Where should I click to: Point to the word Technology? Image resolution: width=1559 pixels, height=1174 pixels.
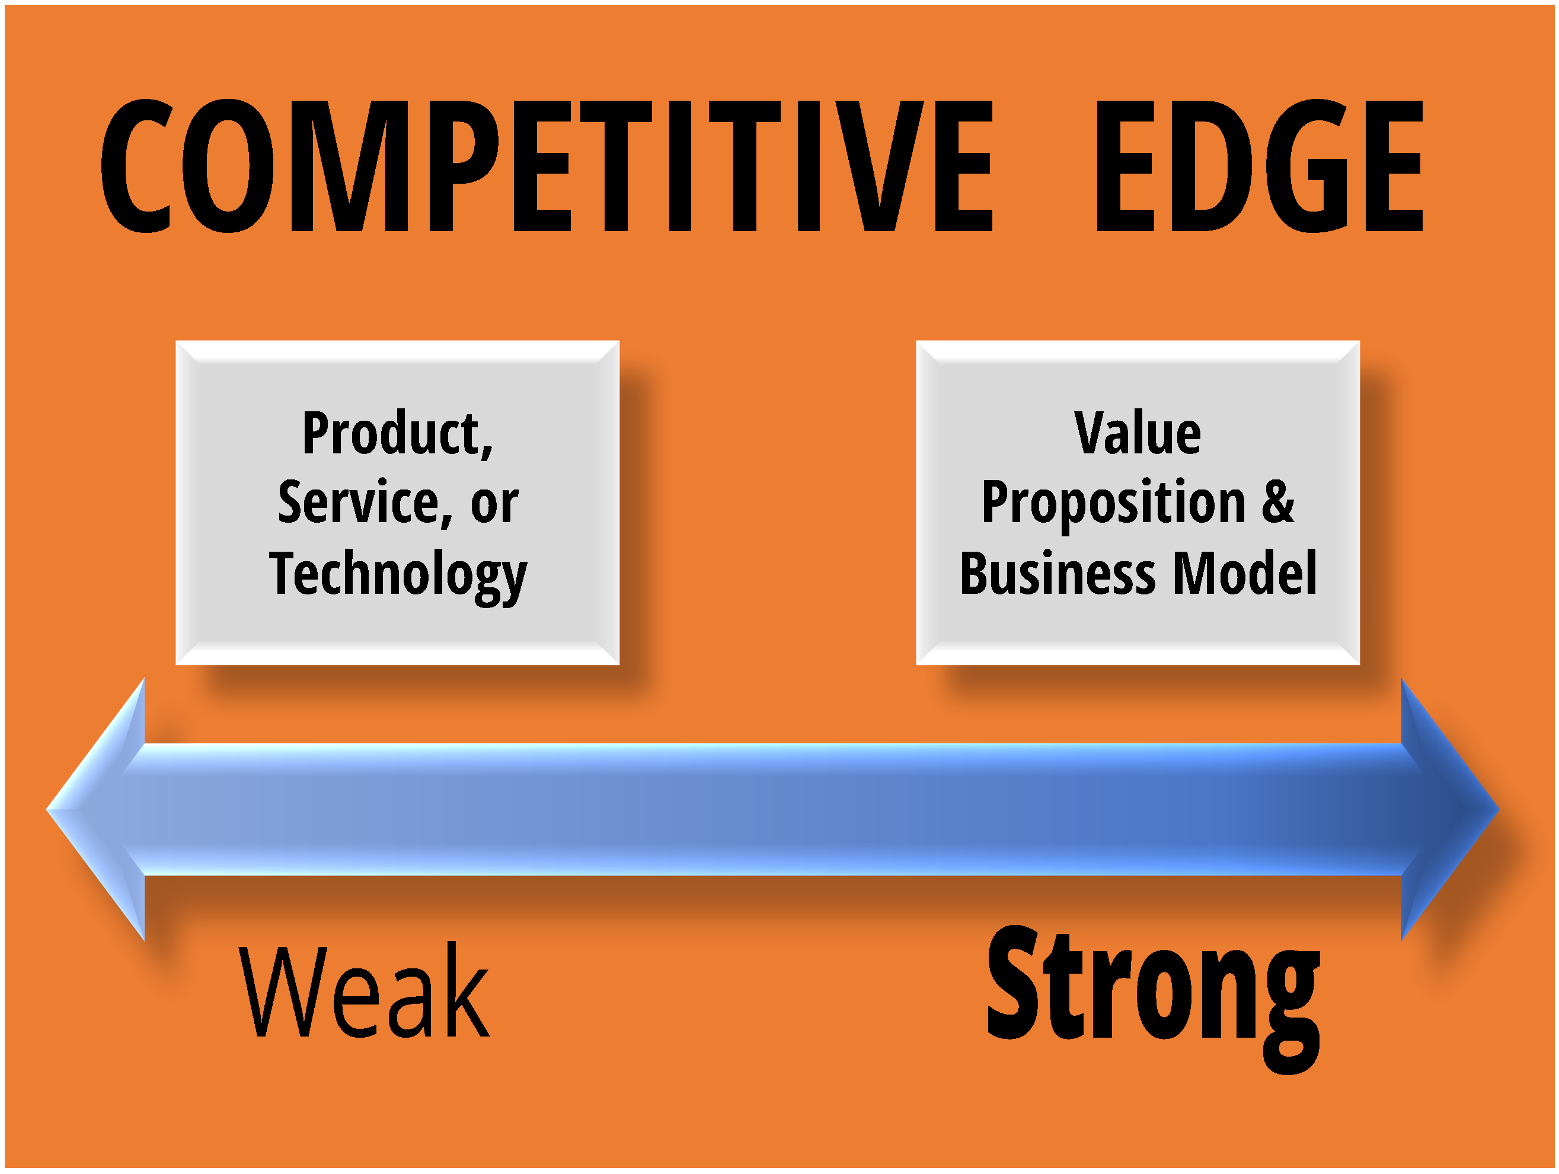[398, 575]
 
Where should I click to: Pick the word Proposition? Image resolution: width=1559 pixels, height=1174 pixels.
[1114, 503]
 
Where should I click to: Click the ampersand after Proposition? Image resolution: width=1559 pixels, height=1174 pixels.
[1278, 502]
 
